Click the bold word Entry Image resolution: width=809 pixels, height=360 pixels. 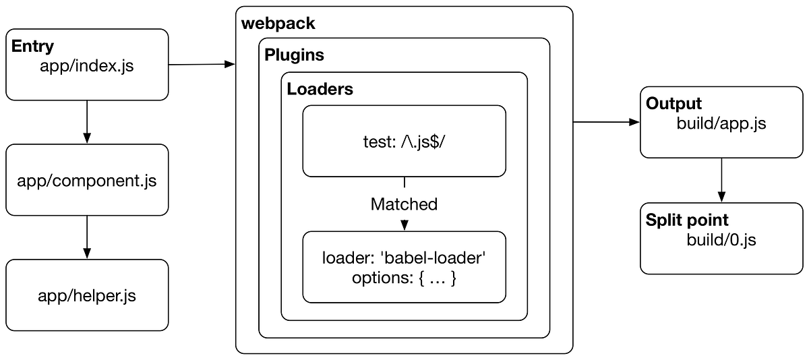32,47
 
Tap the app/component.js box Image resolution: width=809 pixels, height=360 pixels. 87,181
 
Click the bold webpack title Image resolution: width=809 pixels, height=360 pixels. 278,24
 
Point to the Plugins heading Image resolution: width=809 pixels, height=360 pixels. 294,55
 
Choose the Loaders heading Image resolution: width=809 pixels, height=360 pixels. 320,88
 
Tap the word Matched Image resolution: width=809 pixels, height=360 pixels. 404,204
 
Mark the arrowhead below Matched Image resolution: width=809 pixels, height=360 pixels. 404,224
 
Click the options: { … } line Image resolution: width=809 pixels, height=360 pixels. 404,278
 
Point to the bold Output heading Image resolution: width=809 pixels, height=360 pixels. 673,104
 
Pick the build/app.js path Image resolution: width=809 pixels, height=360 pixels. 721,124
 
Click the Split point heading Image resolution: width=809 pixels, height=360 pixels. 687,220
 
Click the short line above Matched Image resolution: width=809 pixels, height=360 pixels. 404,182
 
